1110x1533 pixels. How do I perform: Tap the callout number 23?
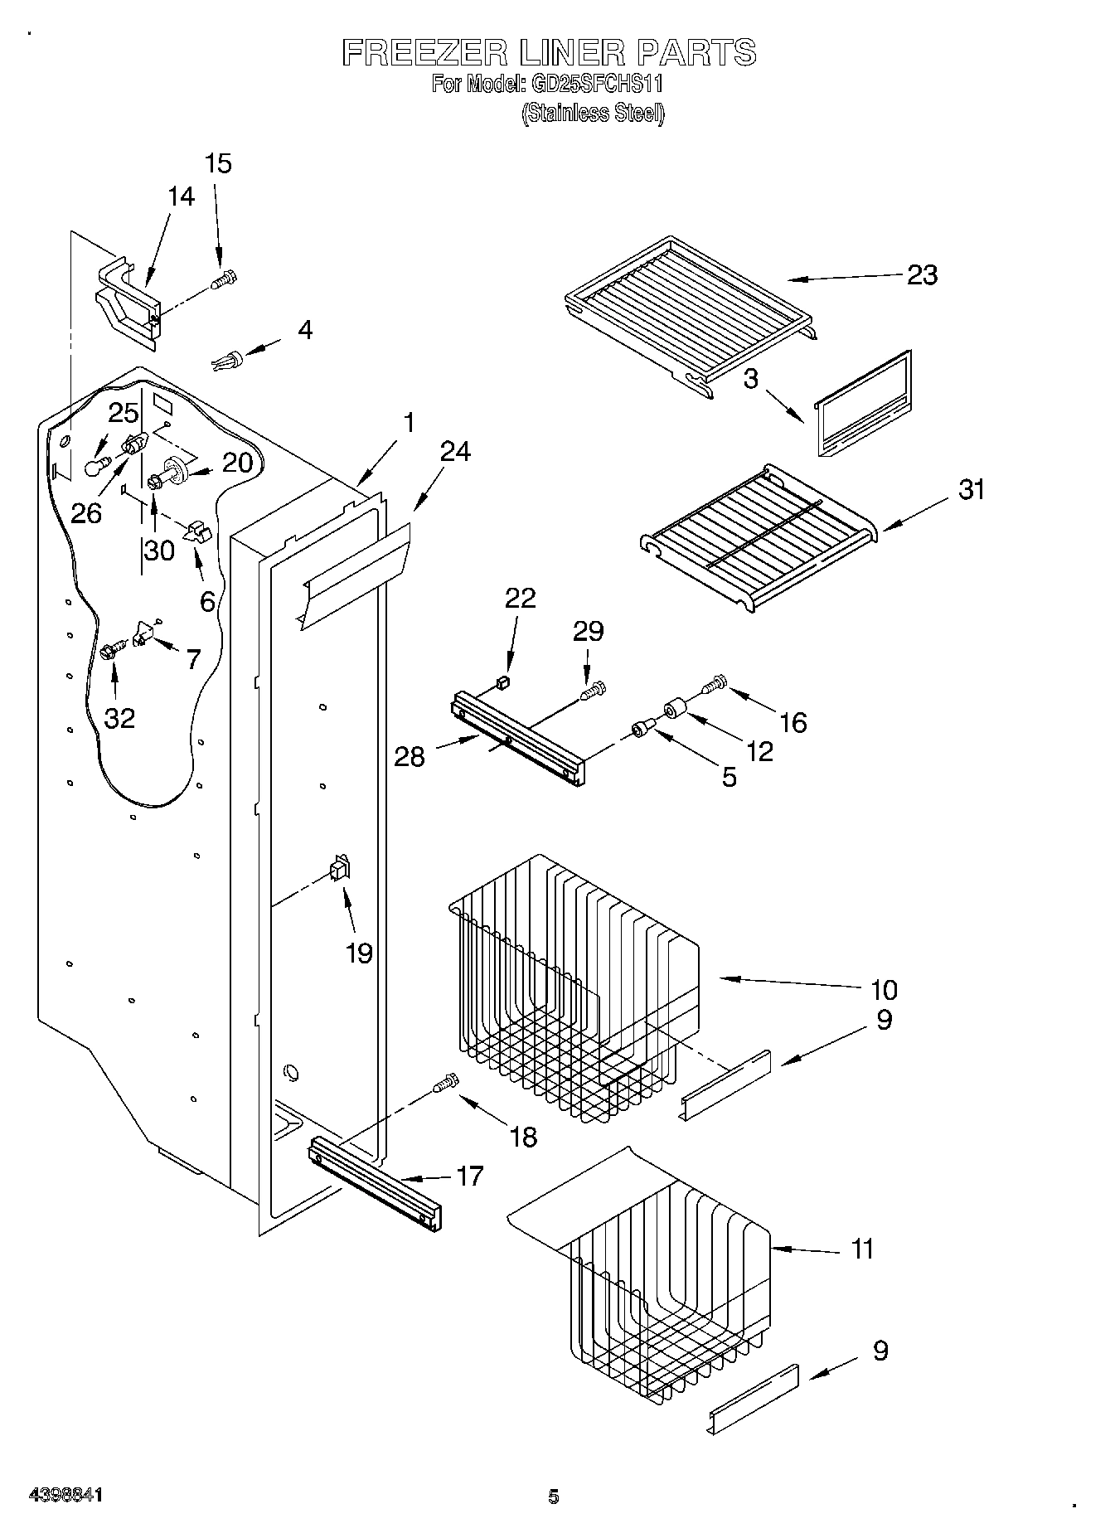pos(922,274)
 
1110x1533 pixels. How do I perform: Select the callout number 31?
pos(972,489)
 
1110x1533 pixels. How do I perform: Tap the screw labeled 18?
pos(446,1083)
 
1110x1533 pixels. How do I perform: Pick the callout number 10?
pos(884,989)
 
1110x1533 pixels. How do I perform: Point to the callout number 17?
pos(470,1176)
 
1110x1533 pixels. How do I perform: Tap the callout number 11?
pos(862,1248)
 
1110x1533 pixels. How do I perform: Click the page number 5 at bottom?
pos(554,1496)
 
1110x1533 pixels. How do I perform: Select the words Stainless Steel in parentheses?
pos(594,114)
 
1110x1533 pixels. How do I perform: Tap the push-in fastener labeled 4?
pos(228,361)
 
